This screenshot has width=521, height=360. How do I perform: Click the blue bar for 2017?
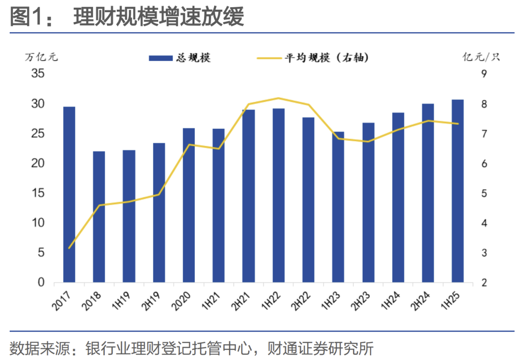(69, 194)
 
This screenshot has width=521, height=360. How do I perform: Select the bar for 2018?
(99, 217)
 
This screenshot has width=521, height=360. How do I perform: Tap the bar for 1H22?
(278, 195)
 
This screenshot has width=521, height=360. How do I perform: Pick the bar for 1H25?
(458, 191)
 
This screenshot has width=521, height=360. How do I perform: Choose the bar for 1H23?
(338, 207)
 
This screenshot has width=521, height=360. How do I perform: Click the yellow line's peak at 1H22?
(278, 98)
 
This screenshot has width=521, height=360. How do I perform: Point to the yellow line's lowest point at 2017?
(69, 248)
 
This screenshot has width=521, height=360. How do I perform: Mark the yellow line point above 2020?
(189, 144)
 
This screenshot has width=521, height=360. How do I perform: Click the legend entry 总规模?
(179, 58)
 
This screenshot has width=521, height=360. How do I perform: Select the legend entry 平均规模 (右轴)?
(314, 58)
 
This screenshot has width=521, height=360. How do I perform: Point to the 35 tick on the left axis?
(38, 74)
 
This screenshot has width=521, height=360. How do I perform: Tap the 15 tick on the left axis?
(38, 194)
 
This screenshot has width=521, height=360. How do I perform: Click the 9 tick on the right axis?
(483, 74)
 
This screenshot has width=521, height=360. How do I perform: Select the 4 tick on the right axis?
(483, 223)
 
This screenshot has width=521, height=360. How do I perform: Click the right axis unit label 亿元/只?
(481, 57)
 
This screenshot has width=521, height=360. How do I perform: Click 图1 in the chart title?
(27, 18)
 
